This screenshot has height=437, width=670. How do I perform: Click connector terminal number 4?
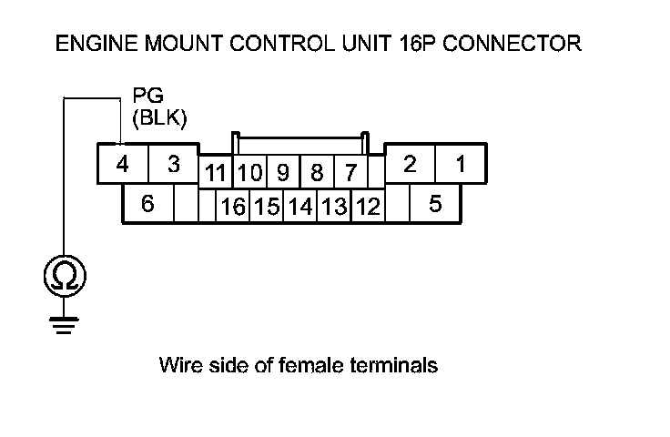[121, 166]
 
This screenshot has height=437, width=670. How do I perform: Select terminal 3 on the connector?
[173, 166]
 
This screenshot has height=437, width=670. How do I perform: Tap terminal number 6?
[147, 204]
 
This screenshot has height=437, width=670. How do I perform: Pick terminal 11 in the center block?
[216, 172]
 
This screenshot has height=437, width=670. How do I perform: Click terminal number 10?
[250, 172]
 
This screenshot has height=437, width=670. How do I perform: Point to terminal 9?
[283, 172]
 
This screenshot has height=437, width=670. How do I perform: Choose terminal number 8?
[316, 172]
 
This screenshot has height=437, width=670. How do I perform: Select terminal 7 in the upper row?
[349, 172]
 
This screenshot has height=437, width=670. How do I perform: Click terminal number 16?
[233, 207]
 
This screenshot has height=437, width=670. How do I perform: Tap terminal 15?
[267, 207]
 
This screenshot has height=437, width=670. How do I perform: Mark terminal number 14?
[299, 207]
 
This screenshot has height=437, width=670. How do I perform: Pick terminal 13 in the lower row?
[334, 207]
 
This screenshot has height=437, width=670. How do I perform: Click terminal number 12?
[368, 207]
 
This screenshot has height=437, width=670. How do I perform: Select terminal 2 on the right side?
[410, 165]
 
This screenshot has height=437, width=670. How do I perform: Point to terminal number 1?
[461, 165]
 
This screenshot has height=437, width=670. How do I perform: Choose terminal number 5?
[435, 204]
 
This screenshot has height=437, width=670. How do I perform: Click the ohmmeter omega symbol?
[62, 275]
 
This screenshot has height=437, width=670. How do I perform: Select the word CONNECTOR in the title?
[516, 43]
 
